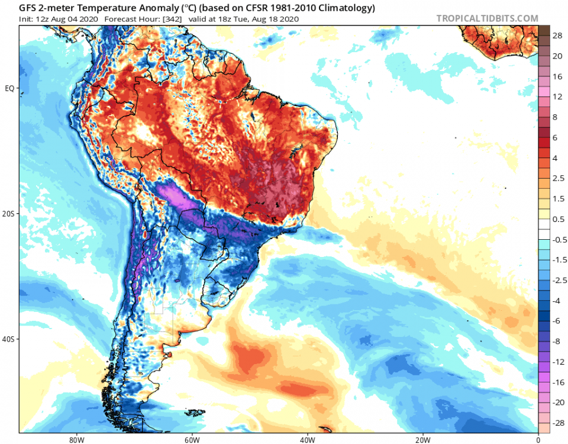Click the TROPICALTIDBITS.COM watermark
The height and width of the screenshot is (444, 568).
click(x=487, y=18)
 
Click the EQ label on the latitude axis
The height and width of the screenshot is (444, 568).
click(x=10, y=88)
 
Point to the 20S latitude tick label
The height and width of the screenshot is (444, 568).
click(x=9, y=214)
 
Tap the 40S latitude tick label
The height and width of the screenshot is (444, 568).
click(x=9, y=339)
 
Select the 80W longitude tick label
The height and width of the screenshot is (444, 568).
click(x=75, y=440)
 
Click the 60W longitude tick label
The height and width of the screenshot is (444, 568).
click(x=191, y=440)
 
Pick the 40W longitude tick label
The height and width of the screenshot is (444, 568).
click(x=306, y=440)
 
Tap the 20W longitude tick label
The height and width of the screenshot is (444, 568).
click(x=422, y=440)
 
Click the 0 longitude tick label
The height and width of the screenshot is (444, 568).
click(x=538, y=440)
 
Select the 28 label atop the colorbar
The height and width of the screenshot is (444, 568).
click(x=557, y=36)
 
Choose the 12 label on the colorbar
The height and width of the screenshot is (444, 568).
click(x=557, y=96)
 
